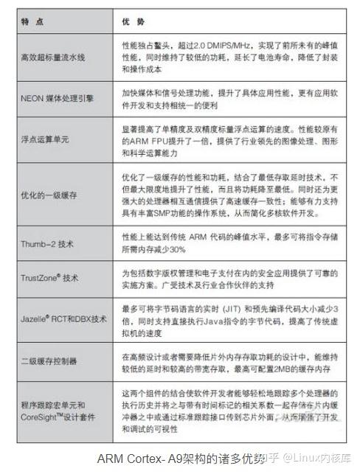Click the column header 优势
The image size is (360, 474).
133,22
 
